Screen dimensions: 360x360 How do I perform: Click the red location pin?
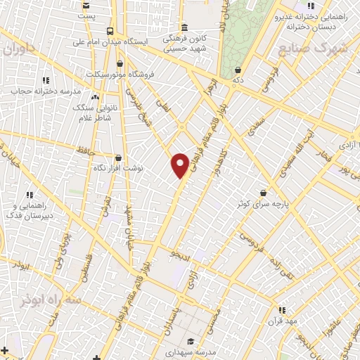(x=180, y=165)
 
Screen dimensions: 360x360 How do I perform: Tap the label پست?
(x=86, y=15)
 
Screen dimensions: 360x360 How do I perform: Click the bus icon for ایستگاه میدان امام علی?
(x=110, y=31)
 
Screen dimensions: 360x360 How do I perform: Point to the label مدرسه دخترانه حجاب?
(x=41, y=91)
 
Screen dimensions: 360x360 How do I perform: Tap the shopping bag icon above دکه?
(x=238, y=70)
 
